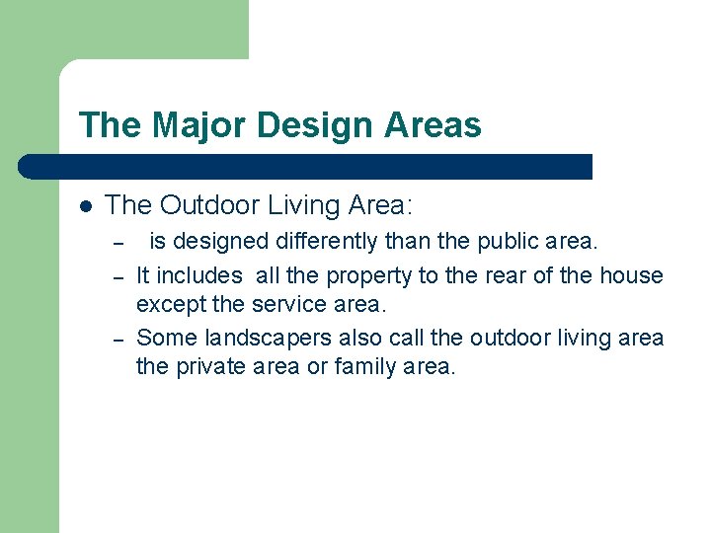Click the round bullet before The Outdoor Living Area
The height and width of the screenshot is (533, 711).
(86, 206)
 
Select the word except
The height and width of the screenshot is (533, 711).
(170, 305)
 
